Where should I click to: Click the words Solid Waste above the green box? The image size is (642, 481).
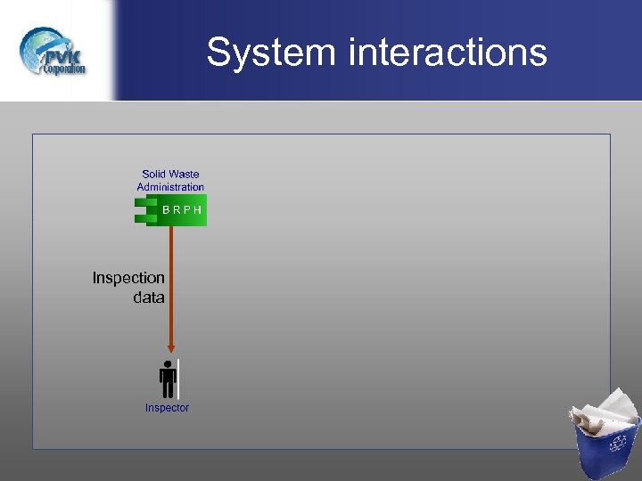[170, 175]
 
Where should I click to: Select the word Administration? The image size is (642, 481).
[170, 187]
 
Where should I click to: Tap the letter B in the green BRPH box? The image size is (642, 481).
[167, 211]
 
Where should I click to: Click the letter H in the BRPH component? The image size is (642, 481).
[197, 211]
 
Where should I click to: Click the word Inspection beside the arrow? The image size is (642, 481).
[128, 278]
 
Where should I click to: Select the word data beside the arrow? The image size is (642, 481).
[149, 298]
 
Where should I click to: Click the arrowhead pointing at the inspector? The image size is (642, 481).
[170, 348]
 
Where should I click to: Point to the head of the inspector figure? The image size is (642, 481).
[167, 365]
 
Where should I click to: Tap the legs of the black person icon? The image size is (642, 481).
[167, 390]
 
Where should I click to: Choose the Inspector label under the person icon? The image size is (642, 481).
[167, 408]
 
